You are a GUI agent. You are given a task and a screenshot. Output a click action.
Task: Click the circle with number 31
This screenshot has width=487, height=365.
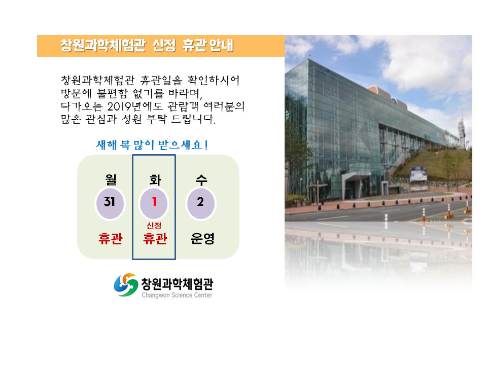110,203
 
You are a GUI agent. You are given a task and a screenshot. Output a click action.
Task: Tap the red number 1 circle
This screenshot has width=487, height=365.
154,203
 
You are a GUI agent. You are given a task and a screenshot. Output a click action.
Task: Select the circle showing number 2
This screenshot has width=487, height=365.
200,203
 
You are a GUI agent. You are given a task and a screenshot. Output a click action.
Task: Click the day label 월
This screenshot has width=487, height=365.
111,179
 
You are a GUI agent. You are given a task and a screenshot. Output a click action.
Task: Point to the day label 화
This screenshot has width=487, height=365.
155,179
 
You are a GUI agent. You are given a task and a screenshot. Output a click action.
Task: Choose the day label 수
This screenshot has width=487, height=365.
201,179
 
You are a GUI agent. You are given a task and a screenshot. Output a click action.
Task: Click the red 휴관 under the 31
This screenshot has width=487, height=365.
110,238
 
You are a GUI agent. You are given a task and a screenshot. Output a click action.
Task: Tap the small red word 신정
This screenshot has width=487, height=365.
154,225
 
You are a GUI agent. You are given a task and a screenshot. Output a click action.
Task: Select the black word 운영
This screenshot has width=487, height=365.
202,238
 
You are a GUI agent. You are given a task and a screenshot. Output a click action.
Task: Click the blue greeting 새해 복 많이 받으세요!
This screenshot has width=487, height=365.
152,144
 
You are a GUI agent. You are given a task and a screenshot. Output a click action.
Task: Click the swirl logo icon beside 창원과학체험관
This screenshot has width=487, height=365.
126,284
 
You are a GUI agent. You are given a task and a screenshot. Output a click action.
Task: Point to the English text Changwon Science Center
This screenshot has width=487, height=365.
177,295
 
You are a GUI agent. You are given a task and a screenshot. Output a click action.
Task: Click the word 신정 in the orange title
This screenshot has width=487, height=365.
164,45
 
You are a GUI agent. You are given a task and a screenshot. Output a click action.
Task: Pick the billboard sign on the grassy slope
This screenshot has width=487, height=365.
418,174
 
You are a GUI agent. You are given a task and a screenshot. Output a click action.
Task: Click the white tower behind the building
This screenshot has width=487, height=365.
462,130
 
